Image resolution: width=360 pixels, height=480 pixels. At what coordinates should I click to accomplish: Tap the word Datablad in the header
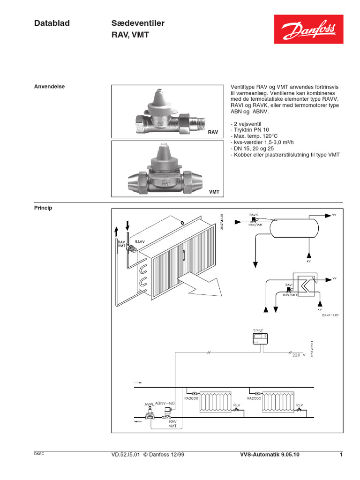coord(52,23)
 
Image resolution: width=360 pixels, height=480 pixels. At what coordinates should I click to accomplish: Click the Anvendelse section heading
coord(50,87)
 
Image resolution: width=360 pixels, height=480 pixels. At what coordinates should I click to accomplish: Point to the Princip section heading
coord(43,208)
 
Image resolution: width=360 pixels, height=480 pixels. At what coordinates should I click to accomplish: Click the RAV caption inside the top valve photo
coord(214,133)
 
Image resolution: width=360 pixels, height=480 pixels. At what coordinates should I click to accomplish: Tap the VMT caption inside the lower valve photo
coord(214,192)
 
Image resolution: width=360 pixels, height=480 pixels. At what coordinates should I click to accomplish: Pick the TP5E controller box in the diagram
coord(259,340)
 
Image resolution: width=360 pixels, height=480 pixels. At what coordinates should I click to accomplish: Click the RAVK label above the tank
coord(254,214)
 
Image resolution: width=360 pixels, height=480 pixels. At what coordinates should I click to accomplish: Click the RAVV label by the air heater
coord(140,241)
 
